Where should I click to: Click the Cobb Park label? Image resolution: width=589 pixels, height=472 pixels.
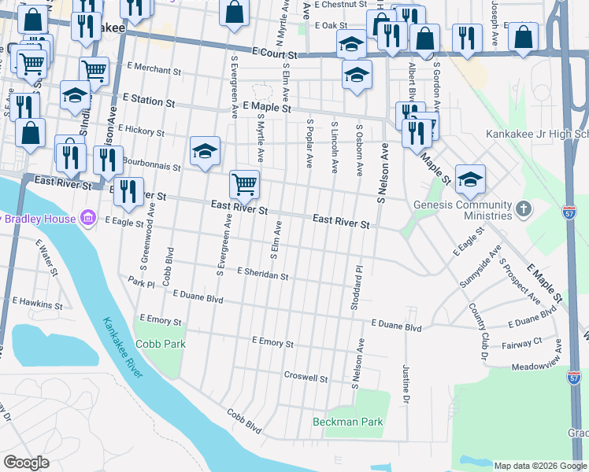coord(160,344)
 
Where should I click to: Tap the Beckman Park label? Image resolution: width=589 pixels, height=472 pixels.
coord(347,422)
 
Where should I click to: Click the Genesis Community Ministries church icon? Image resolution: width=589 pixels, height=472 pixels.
coord(522,208)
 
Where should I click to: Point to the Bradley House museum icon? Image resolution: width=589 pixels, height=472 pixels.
coord(87,217)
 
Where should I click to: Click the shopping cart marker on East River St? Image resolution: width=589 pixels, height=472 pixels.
coord(244,185)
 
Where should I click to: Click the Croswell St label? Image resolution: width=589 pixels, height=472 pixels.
coord(306,378)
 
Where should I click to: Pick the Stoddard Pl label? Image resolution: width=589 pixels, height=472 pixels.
coord(355,287)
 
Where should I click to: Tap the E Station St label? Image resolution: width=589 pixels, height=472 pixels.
coord(148,101)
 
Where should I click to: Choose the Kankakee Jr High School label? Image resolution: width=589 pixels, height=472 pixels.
coord(536,135)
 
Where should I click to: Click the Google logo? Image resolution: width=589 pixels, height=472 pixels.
coord(26,463)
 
